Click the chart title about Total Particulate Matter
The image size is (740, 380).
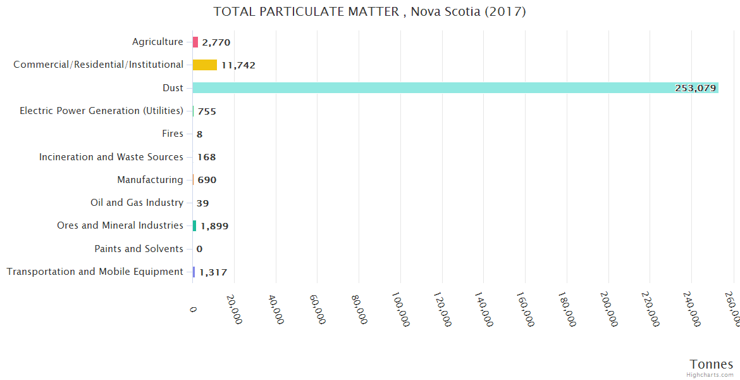369,11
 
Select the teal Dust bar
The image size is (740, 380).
455,88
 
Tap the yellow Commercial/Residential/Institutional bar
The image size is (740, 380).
205,65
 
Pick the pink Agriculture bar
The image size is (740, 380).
195,42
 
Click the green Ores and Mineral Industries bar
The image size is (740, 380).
195,225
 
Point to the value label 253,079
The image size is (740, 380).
695,88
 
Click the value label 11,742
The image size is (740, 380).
238,65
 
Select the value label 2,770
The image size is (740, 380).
216,42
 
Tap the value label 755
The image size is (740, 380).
207,111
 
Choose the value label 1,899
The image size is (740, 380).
214,226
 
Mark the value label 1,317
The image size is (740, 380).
213,272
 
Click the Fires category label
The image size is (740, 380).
173,134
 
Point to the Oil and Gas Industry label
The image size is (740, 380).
137,203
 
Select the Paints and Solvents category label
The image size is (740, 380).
139,249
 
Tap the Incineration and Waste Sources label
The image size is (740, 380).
111,156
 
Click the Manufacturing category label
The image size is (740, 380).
150,180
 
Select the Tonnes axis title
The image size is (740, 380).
711,364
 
